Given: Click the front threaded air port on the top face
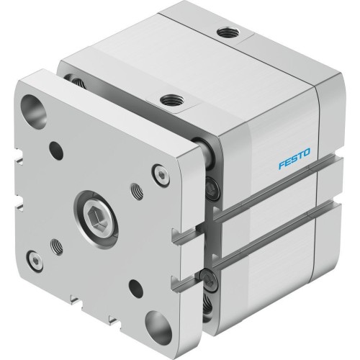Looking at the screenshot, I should [x=171, y=100].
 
